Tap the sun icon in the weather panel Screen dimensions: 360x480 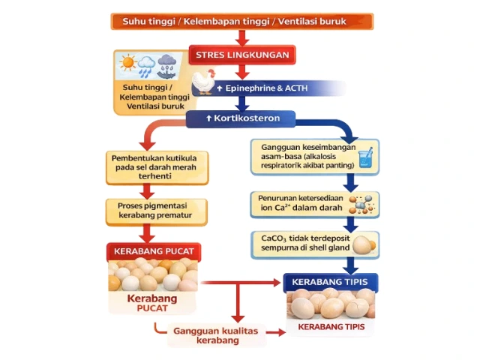(x=127, y=64)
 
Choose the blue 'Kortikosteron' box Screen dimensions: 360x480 (x=241, y=119)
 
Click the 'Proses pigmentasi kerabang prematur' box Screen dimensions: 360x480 (x=150, y=211)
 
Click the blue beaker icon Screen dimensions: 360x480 (x=365, y=158)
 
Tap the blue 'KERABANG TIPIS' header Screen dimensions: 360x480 (x=330, y=282)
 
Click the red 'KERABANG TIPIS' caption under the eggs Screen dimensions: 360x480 (x=330, y=327)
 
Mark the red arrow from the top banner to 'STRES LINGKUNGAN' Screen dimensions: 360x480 (x=241, y=37)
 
